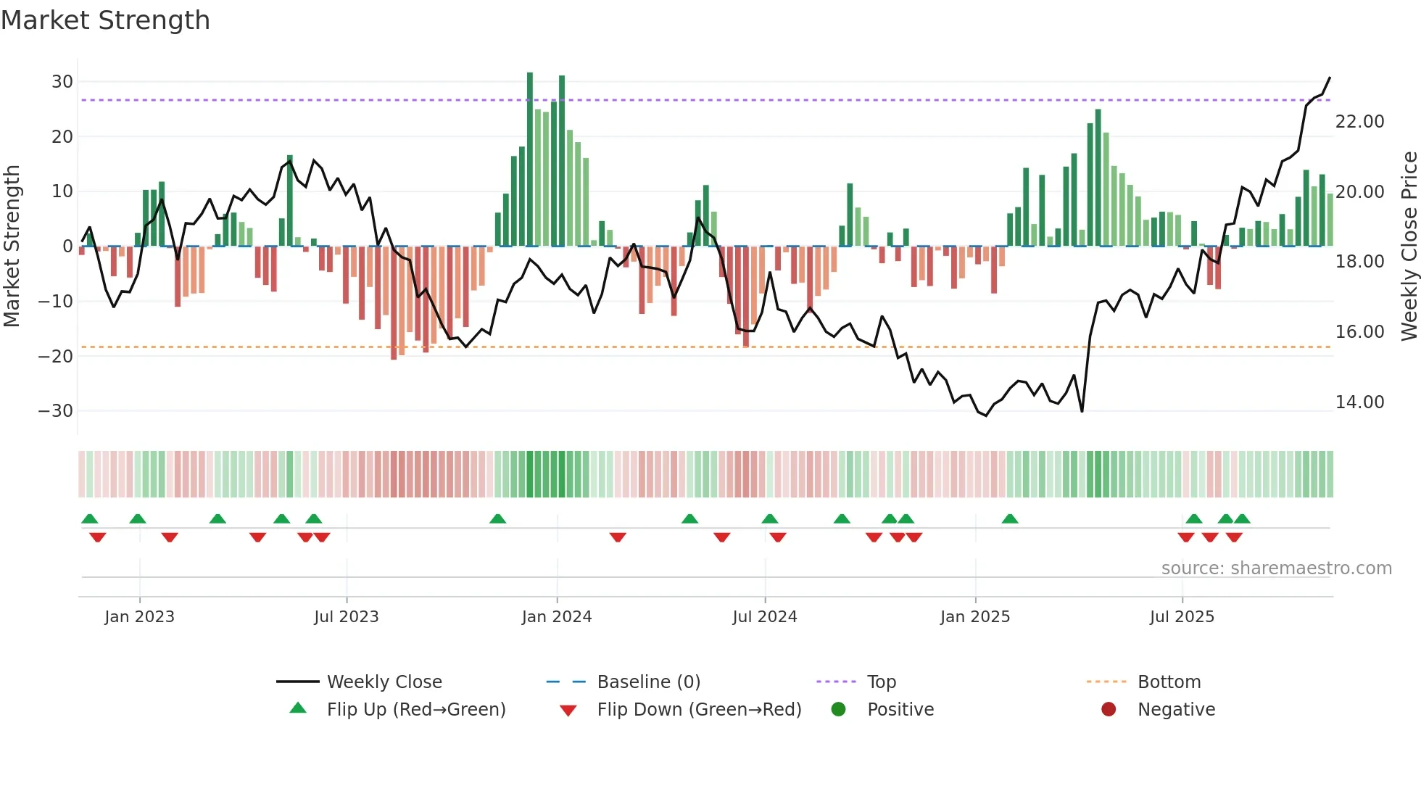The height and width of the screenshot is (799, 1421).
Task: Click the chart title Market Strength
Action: click(x=105, y=20)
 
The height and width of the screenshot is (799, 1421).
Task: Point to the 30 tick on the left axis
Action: click(x=62, y=82)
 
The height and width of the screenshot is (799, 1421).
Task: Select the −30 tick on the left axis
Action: click(x=56, y=411)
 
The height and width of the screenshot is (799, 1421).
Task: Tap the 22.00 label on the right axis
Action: click(x=1359, y=122)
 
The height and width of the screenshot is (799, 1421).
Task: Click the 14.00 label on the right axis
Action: click(x=1359, y=402)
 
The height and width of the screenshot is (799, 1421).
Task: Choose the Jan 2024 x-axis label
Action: click(x=556, y=617)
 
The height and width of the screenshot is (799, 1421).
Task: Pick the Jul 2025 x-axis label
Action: click(x=1181, y=617)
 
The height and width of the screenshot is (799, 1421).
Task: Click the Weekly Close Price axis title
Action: click(x=1409, y=247)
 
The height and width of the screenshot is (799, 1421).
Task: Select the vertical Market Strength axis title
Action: click(x=12, y=247)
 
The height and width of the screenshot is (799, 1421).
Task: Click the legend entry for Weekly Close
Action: click(x=384, y=682)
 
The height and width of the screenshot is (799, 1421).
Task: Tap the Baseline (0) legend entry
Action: click(x=648, y=682)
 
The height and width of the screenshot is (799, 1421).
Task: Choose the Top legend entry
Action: click(x=881, y=682)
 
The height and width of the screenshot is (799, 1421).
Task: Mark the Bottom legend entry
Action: click(x=1169, y=682)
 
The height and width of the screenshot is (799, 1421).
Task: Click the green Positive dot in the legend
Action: click(x=838, y=710)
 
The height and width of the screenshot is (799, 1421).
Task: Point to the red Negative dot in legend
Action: click(x=1108, y=710)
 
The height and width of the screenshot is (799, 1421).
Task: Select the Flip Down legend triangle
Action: click(x=568, y=711)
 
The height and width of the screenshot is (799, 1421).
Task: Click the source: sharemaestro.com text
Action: click(x=1276, y=568)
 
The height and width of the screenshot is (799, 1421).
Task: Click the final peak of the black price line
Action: click(x=1329, y=78)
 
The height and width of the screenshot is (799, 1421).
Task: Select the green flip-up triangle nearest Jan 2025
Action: click(x=1009, y=519)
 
